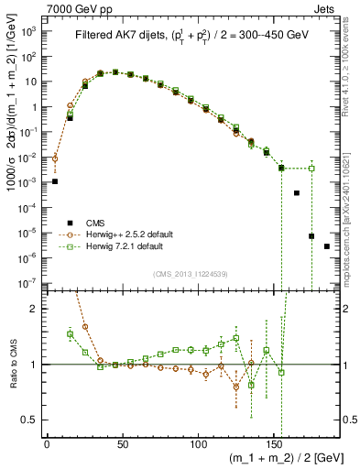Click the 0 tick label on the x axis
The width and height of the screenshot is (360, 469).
point(47,442)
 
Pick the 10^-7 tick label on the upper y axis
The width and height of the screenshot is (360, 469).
point(27,284)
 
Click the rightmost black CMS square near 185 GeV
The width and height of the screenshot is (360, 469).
point(327,246)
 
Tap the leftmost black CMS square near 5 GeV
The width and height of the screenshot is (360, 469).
point(55,181)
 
